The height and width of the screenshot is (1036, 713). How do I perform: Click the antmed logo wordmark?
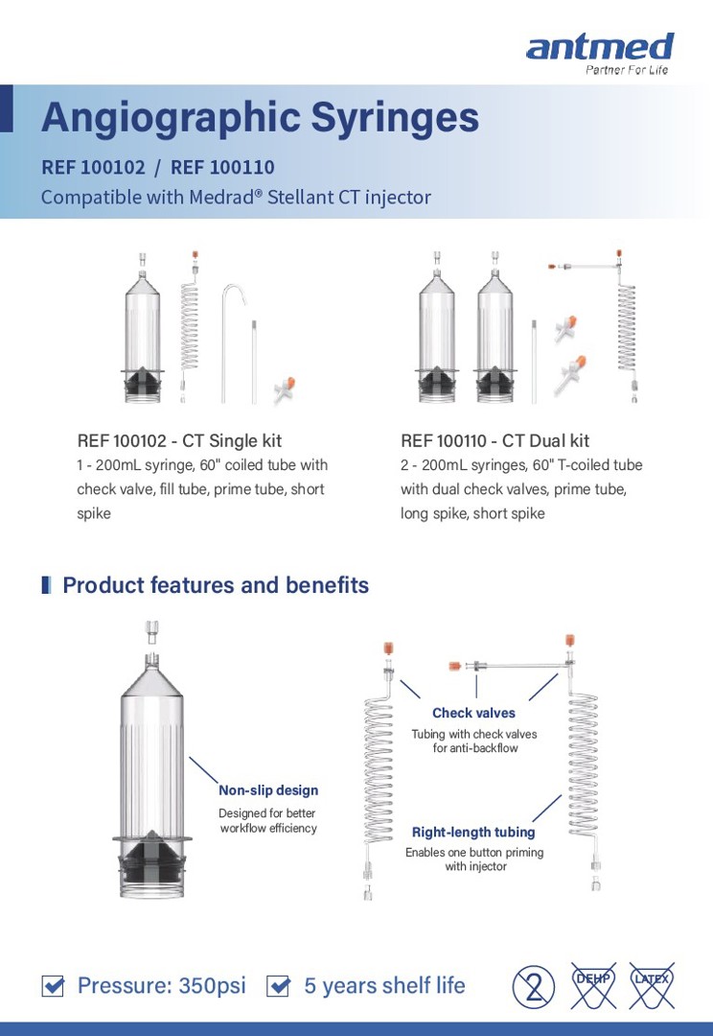tap(599, 47)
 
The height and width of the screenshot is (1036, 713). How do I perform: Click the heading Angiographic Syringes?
tap(260, 117)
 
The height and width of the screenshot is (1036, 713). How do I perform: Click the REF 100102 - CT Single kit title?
tap(179, 441)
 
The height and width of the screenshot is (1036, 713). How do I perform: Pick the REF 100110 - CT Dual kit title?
tap(494, 441)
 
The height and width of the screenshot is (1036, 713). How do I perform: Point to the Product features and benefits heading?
tap(215, 585)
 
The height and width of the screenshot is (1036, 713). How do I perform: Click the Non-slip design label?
tap(268, 790)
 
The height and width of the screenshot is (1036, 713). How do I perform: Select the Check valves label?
tap(473, 713)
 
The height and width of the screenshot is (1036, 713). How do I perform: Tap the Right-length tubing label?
tap(473, 832)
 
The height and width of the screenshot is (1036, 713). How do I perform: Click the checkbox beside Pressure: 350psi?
tap(54, 986)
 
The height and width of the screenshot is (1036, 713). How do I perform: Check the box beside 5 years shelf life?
tap(278, 986)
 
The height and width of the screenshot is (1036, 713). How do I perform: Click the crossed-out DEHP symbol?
tap(593, 985)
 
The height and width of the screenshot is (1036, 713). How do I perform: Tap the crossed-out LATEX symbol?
tap(652, 985)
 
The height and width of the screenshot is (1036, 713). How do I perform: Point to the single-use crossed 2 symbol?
tap(534, 986)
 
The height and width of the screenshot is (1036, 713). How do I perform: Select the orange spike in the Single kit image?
tap(284, 388)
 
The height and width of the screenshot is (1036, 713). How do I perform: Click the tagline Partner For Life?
tap(627, 70)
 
